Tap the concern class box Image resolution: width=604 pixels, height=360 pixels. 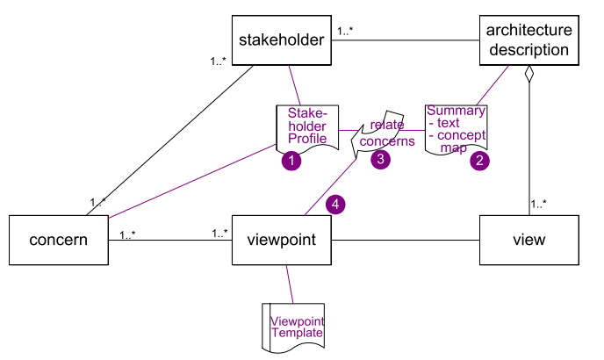[58, 239]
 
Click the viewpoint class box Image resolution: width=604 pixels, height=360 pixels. [281, 239]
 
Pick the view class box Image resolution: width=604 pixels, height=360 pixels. [529, 239]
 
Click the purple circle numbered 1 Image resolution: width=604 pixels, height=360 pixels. [291, 161]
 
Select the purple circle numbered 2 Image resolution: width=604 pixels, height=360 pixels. [479, 161]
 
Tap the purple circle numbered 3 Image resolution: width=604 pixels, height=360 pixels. [380, 159]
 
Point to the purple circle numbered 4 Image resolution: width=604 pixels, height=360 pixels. [336, 205]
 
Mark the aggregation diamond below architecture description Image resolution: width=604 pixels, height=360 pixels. [529, 76]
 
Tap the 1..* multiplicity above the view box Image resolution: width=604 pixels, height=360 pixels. [539, 204]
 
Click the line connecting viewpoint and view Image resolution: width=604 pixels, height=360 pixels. [405, 240]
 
